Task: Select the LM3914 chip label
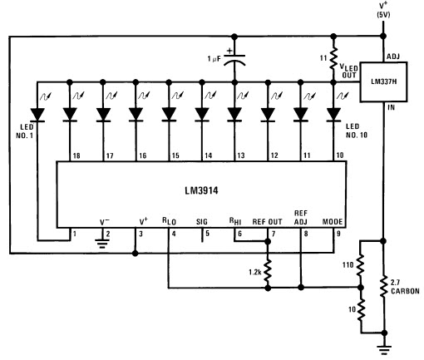(201, 190)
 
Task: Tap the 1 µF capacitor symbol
(234, 60)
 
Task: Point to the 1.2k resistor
(268, 272)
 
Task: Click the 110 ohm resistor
(360, 264)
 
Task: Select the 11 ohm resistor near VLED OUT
(333, 58)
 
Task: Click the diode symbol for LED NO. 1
(37, 115)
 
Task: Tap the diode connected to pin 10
(333, 115)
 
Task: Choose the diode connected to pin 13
(234, 115)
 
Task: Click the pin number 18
(76, 155)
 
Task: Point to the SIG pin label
(202, 222)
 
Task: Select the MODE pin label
(333, 222)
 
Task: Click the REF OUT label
(267, 222)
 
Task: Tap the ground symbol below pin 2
(102, 244)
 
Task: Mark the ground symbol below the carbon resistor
(384, 350)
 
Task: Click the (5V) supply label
(383, 15)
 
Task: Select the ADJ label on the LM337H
(393, 57)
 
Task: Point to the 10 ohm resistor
(360, 309)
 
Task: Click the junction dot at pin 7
(268, 242)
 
